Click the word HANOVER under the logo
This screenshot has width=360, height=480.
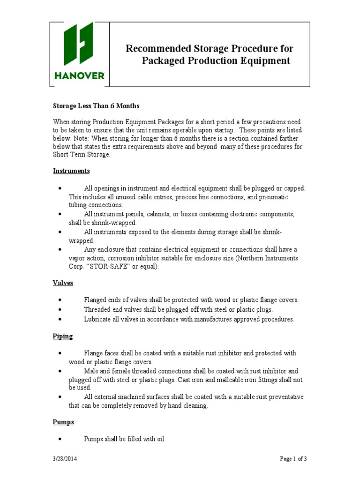79,75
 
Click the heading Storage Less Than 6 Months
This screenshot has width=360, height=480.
96,106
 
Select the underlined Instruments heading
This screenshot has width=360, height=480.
71,171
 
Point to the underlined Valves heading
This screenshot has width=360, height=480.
62,284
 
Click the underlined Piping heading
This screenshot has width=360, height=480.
62,337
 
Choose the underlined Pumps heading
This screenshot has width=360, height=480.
63,422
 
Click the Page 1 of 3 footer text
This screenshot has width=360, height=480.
293,459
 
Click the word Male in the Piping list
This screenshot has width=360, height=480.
91,370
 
